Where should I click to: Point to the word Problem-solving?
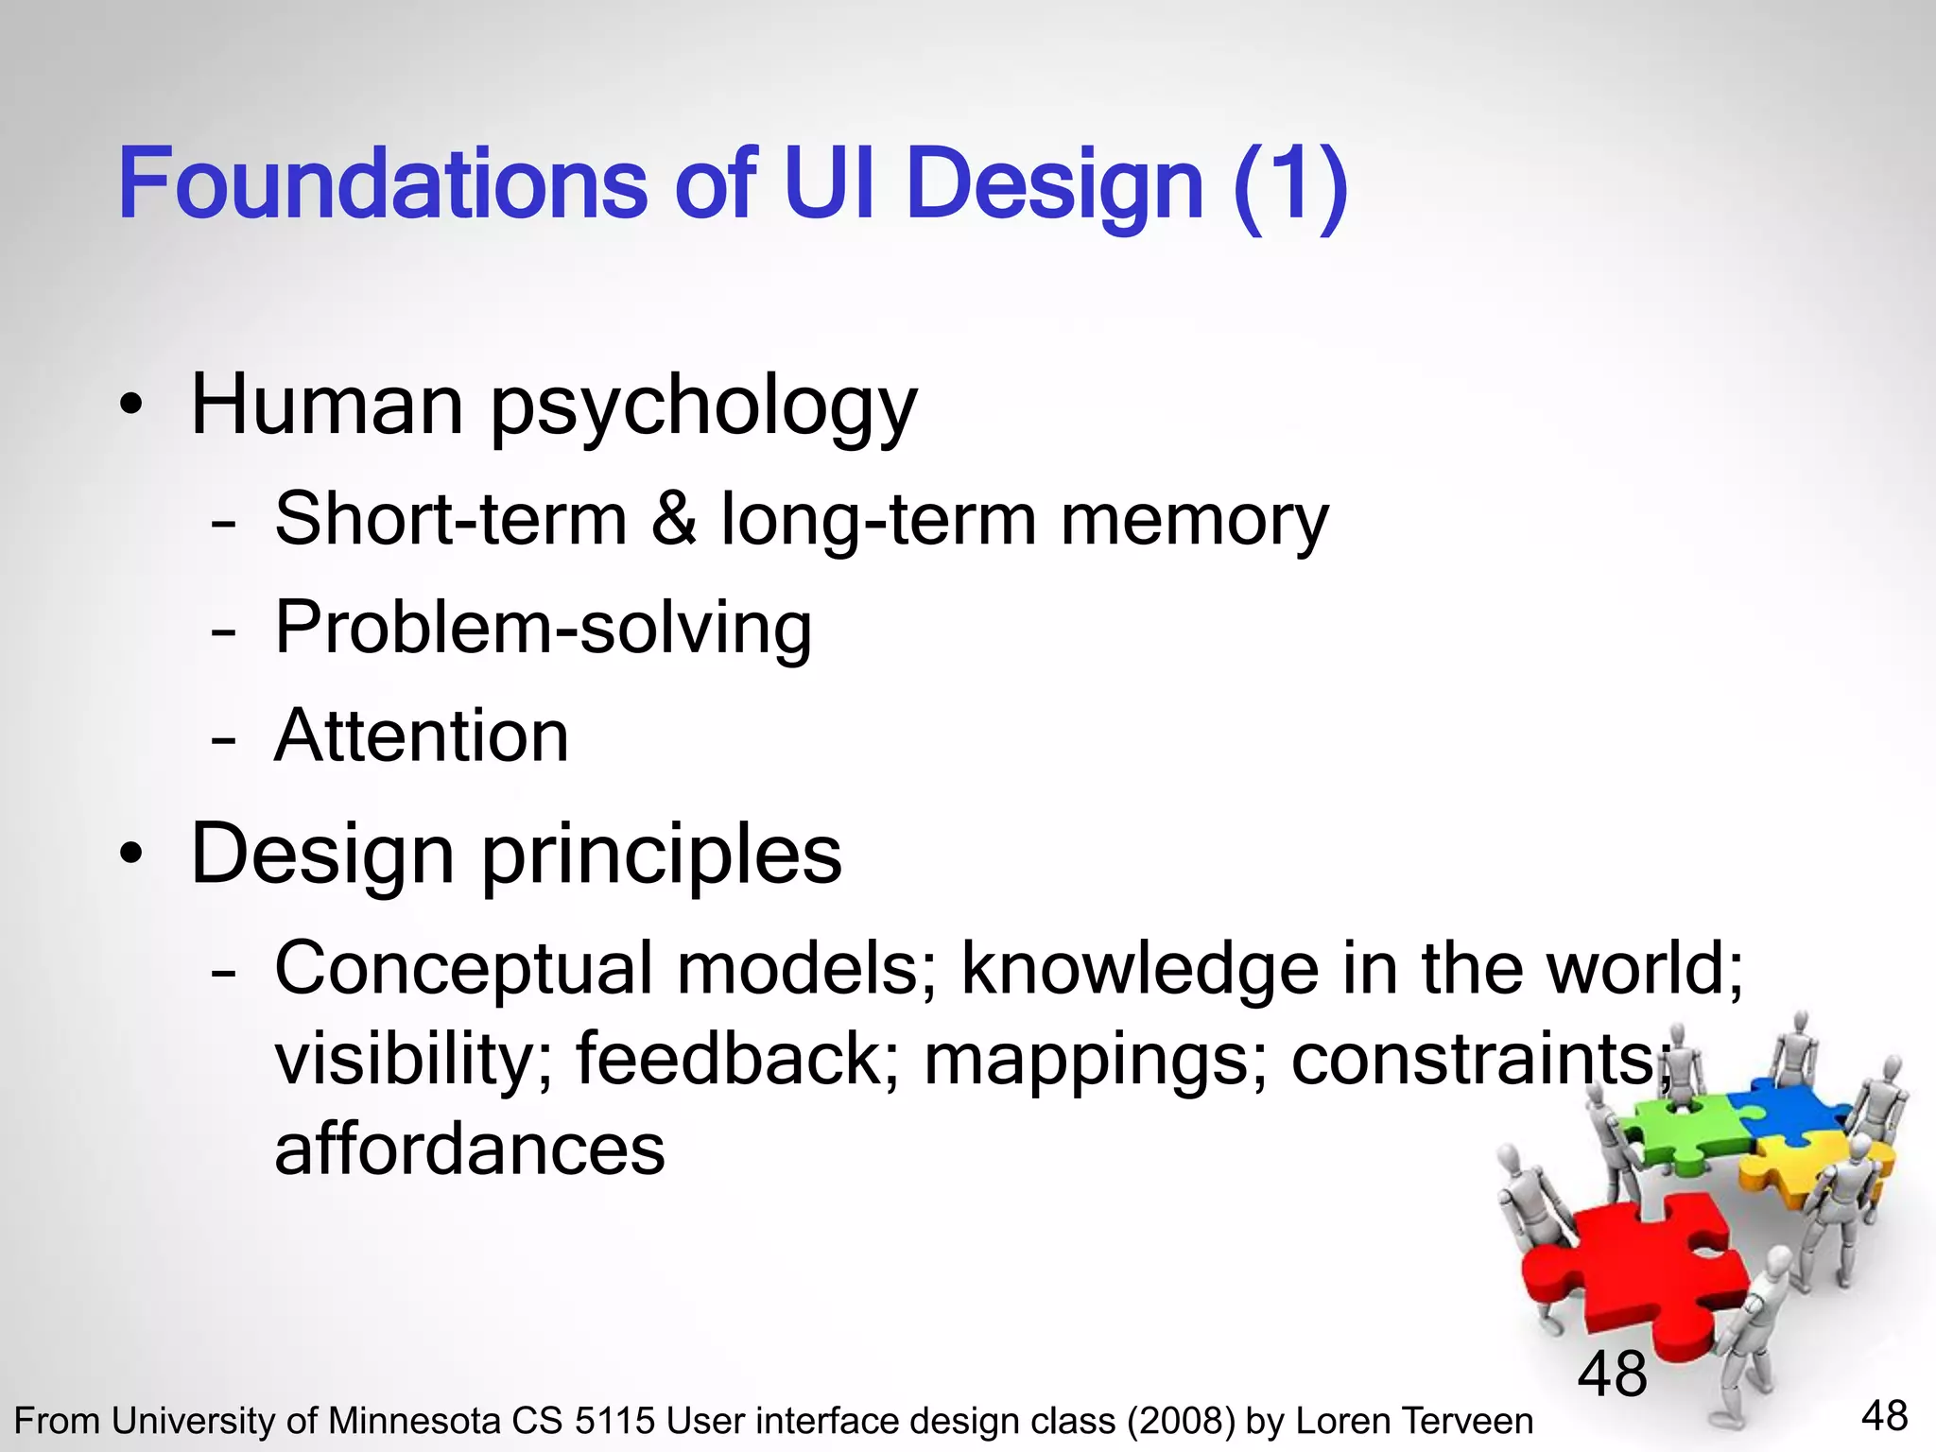point(543,628)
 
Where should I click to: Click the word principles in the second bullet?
point(662,856)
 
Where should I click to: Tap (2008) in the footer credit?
point(1182,1422)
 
